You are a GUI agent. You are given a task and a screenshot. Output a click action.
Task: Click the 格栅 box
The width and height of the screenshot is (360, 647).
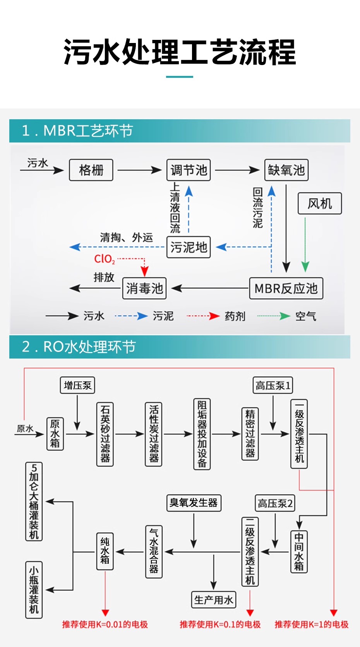[x=91, y=170]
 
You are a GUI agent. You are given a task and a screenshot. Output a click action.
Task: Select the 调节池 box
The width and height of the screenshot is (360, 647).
[x=189, y=170]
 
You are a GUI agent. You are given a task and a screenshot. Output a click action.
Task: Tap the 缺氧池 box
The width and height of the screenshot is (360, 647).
[x=286, y=170]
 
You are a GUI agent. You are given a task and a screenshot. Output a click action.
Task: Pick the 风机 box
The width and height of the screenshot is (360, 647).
[x=320, y=203]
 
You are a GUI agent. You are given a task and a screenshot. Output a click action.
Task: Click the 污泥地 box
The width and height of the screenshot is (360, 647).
[x=189, y=247]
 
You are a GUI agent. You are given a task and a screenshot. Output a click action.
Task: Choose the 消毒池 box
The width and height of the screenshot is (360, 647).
[x=144, y=288]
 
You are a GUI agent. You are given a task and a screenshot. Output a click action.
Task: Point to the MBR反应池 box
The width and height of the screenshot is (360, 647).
[x=286, y=288]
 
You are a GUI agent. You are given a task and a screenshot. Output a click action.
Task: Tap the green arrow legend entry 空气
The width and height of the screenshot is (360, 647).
[x=305, y=316]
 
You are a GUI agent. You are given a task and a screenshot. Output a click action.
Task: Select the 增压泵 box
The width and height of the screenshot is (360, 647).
[x=77, y=385]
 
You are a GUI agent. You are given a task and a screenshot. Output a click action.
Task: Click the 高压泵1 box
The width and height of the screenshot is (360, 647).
[x=273, y=385]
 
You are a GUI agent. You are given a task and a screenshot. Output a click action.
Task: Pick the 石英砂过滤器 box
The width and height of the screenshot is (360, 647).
[x=105, y=434]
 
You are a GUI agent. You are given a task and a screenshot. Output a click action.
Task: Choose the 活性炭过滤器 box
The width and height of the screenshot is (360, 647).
[x=154, y=434]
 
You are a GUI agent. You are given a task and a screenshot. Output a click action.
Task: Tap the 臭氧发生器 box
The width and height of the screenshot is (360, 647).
[x=194, y=503]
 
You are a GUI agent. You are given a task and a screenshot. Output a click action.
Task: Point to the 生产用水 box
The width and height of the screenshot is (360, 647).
[x=213, y=600]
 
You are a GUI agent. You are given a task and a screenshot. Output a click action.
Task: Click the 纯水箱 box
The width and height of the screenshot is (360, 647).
[x=105, y=551]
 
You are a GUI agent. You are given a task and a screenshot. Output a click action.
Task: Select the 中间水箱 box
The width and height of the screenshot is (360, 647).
[x=299, y=551]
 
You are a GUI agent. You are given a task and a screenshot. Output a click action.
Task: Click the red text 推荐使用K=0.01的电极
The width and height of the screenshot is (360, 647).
[x=105, y=624]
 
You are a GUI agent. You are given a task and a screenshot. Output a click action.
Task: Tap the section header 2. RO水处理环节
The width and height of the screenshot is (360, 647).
[x=79, y=347]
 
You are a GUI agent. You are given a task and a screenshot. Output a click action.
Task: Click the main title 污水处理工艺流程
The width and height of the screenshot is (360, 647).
[x=180, y=52]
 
